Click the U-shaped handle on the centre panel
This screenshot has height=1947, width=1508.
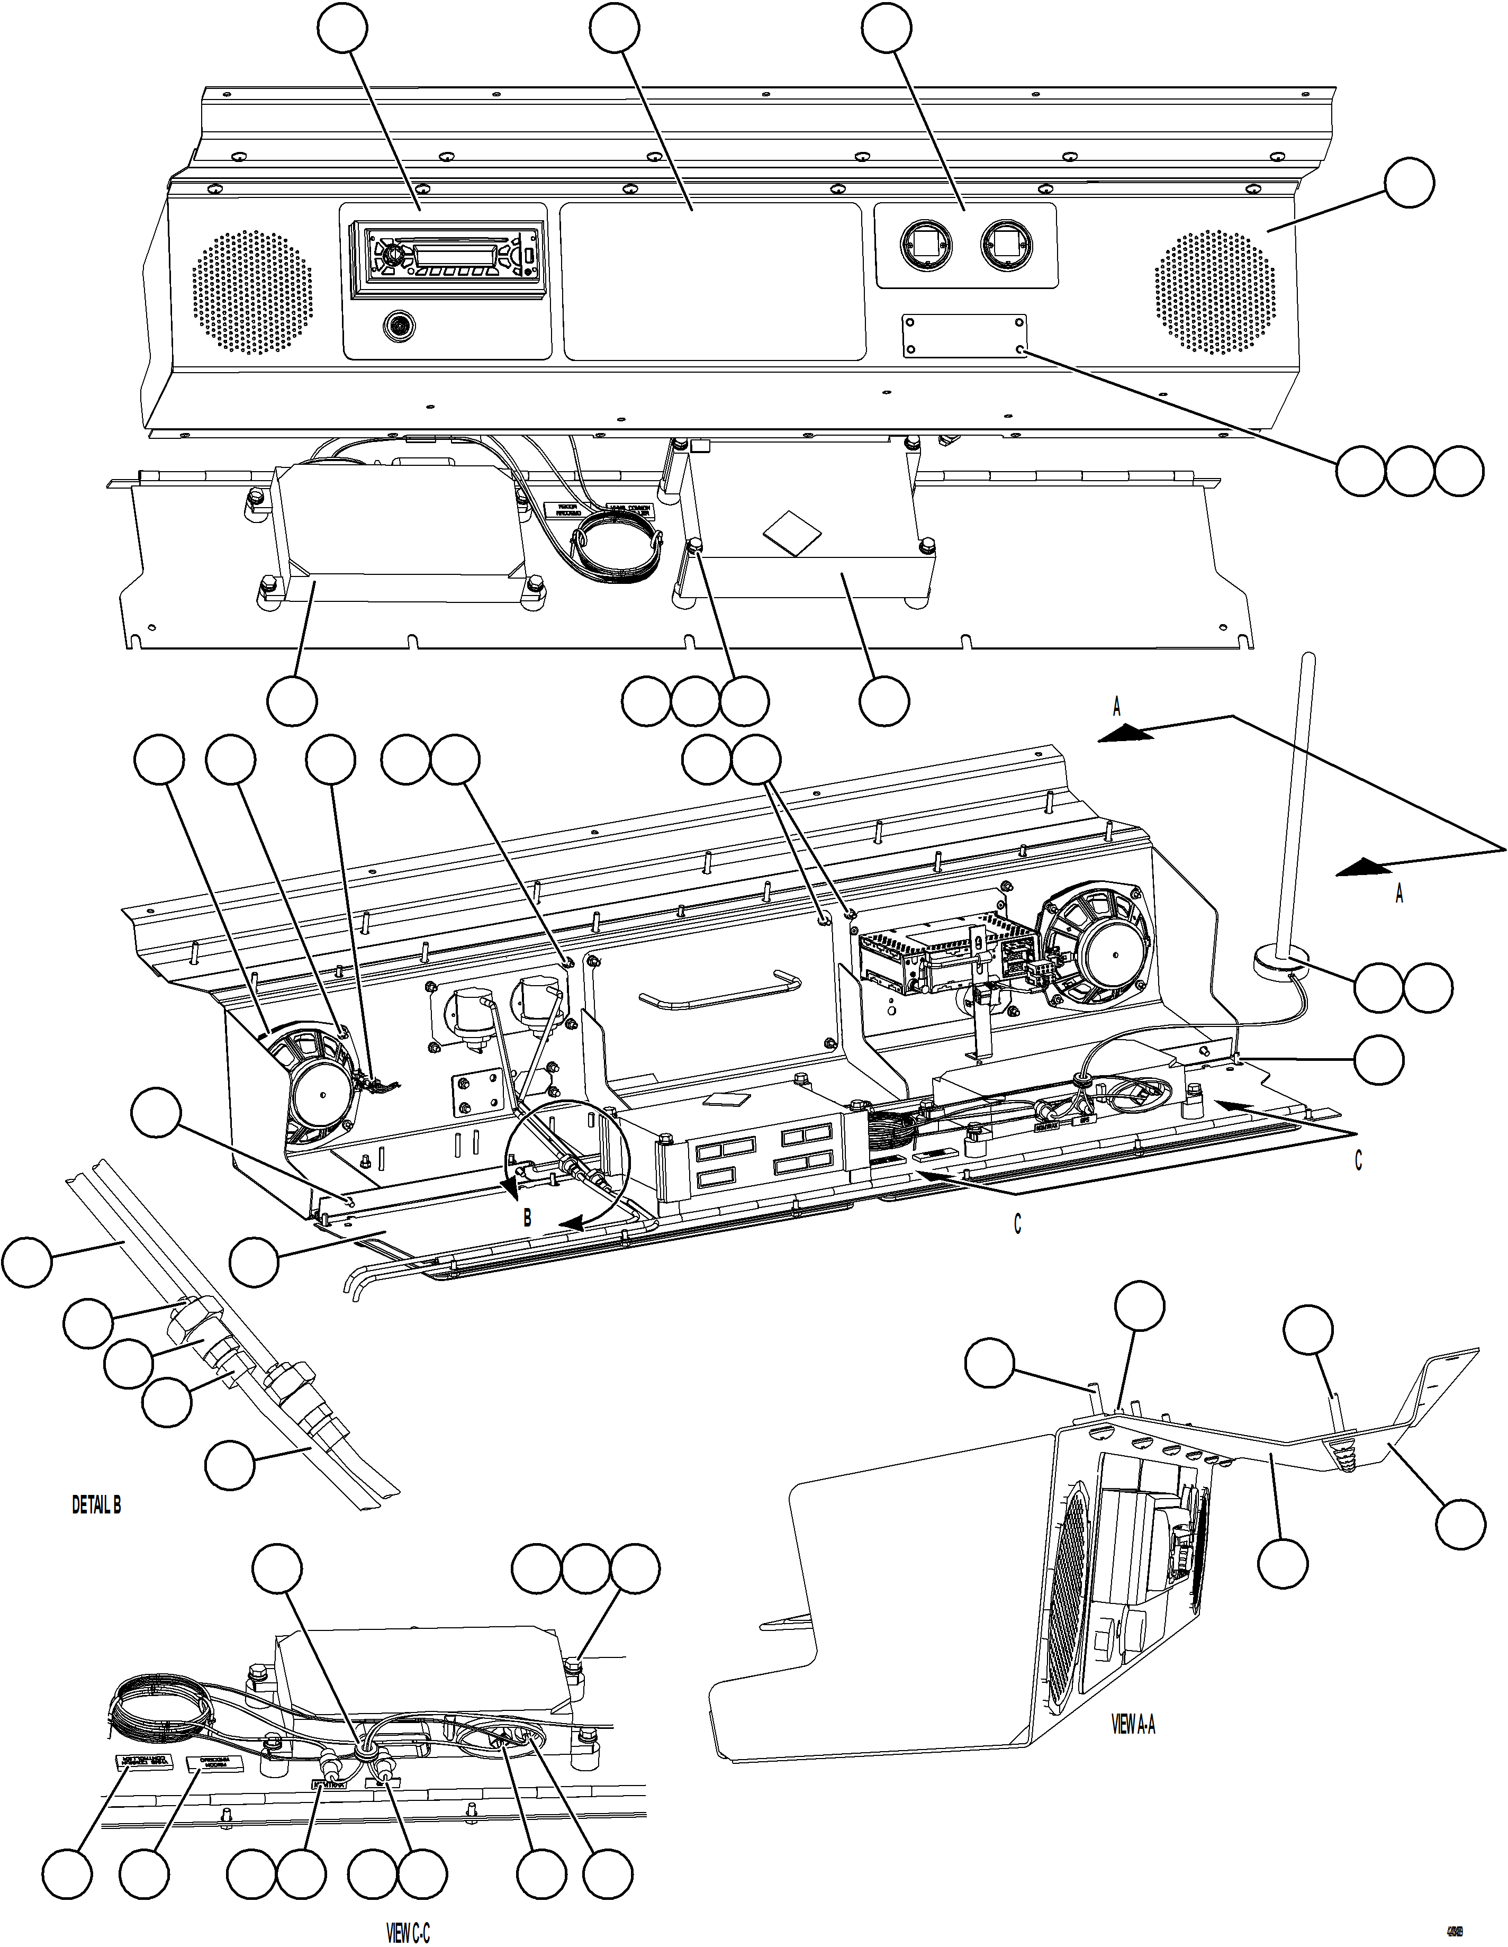tap(720, 991)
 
